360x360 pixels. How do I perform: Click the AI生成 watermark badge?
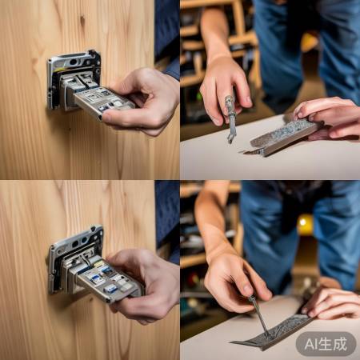click(326, 344)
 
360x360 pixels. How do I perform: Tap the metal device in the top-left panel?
click(88, 86)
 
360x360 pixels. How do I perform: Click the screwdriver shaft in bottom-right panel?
click(258, 316)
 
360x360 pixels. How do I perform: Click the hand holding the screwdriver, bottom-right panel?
click(234, 282)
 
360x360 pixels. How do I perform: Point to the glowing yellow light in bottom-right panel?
click(304, 223)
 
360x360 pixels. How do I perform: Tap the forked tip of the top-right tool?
click(230, 139)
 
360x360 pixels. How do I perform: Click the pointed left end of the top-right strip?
click(243, 152)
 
